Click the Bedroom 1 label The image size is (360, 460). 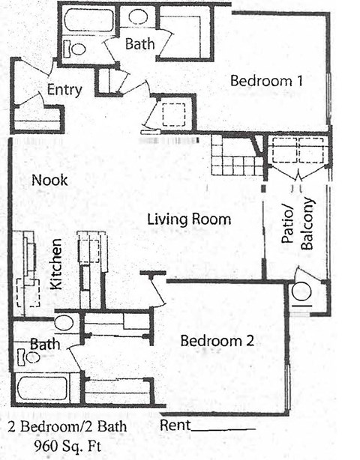(x=266, y=81)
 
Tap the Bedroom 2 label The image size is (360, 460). (x=217, y=341)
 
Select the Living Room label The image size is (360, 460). (x=188, y=220)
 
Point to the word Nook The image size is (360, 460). (x=50, y=180)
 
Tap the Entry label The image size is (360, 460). (x=64, y=90)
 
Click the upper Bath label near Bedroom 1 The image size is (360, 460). (x=139, y=44)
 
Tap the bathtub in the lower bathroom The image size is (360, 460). (x=42, y=388)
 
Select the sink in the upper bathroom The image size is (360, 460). (x=139, y=16)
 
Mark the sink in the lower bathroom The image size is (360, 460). (x=64, y=323)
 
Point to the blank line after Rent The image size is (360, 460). (x=222, y=429)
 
